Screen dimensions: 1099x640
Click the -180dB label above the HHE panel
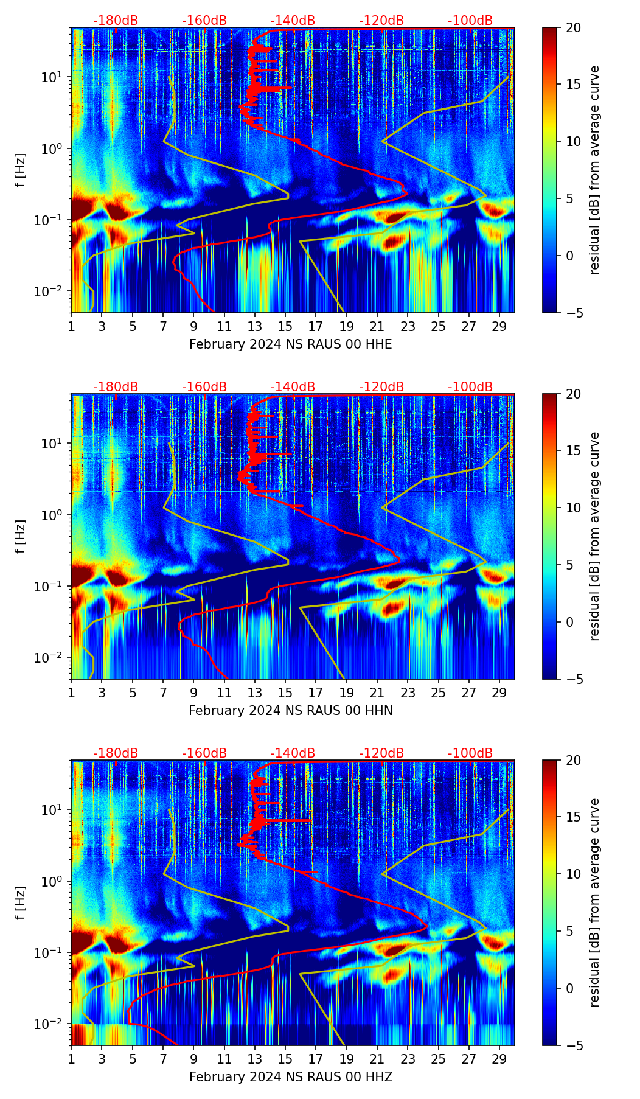coord(116,21)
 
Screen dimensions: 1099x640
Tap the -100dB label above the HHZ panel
coord(470,753)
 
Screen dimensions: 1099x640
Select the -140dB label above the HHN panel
coord(293,387)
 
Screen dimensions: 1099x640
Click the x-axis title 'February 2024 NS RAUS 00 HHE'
coord(290,344)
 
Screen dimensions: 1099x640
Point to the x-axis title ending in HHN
coord(290,711)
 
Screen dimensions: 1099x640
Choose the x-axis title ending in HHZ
coord(290,1077)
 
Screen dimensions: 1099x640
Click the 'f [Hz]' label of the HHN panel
coord(21,536)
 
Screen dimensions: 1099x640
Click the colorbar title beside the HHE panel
coord(595,170)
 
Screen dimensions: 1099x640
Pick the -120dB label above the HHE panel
coord(381,21)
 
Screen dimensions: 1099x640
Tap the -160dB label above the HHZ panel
coord(204,753)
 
